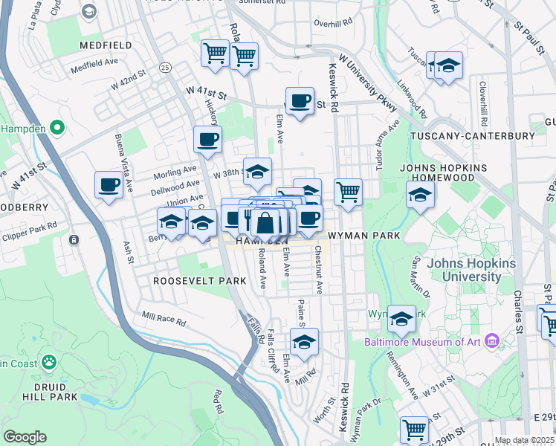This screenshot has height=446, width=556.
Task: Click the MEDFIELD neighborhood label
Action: click(x=106, y=45)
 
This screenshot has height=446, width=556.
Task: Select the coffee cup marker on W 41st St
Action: click(x=300, y=101)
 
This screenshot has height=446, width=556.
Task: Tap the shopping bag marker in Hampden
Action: click(x=265, y=222)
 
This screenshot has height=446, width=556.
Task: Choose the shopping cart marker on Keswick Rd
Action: click(x=348, y=192)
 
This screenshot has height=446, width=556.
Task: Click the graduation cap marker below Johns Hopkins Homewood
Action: click(x=420, y=196)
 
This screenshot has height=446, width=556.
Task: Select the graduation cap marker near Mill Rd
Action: click(x=303, y=343)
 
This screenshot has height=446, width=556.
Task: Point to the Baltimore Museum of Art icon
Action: click(x=491, y=342)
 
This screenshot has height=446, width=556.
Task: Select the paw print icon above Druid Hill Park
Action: click(x=49, y=362)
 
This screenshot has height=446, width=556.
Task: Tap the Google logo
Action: click(x=25, y=437)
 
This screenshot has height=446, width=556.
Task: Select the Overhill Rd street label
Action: click(x=332, y=23)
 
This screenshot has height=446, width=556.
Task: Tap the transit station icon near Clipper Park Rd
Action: click(x=74, y=239)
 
